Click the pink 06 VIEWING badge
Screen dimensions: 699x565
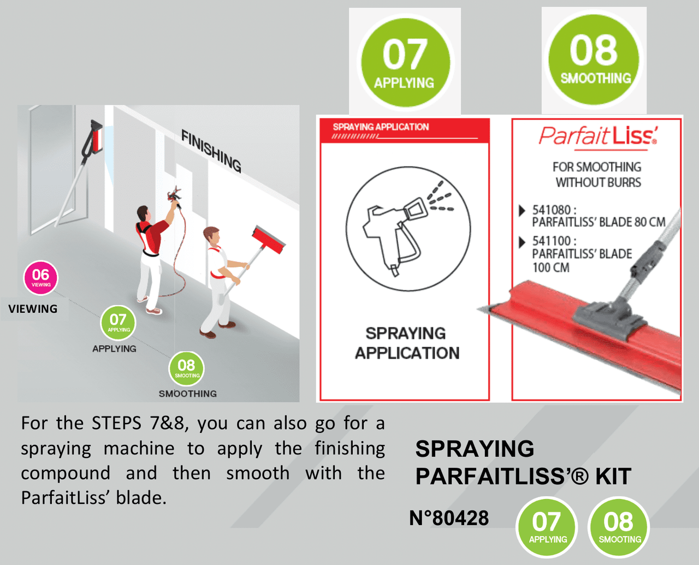click(41, 277)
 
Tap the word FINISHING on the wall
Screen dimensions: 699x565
click(211, 151)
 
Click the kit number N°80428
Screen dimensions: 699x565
click(449, 518)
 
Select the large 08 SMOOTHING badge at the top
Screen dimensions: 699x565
click(594, 59)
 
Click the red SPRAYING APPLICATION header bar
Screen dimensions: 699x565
click(405, 130)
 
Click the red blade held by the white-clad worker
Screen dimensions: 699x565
click(269, 239)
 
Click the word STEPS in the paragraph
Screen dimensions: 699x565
click(116, 423)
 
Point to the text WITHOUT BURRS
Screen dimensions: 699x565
click(599, 182)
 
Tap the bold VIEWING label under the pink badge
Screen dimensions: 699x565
click(33, 309)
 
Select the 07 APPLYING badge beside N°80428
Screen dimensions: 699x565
click(547, 527)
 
